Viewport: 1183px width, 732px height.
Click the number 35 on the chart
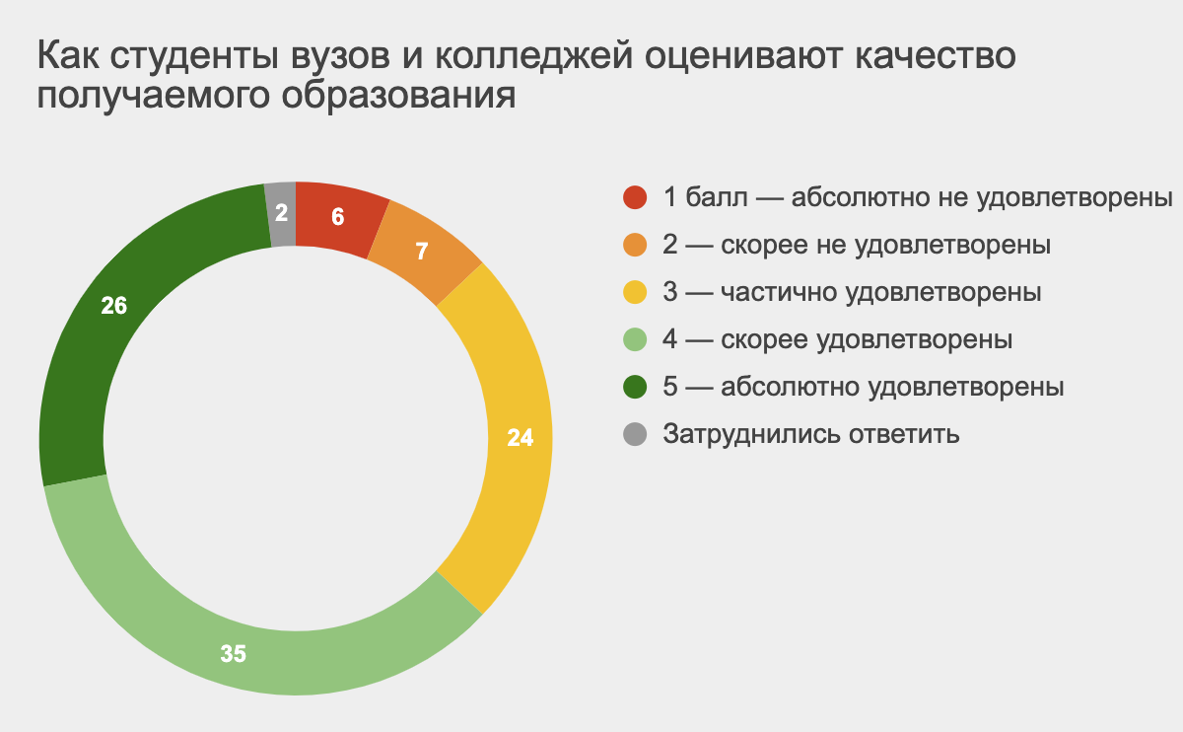(233, 654)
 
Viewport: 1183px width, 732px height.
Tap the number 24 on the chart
(521, 438)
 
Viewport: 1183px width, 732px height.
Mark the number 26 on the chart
(114, 306)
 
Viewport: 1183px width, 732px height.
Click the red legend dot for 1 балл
(635, 197)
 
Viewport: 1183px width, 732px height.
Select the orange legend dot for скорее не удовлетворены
(635, 245)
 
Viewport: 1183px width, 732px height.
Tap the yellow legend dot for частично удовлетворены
(635, 292)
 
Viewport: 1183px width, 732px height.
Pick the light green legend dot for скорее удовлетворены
(635, 339)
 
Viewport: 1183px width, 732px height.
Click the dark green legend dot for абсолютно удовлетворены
(635, 387)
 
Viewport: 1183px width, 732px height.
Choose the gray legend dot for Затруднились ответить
(635, 434)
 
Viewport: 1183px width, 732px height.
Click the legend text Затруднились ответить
(811, 434)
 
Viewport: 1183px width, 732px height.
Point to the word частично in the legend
(779, 292)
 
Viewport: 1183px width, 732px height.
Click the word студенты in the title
(194, 56)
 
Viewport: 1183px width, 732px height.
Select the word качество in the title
(936, 56)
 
